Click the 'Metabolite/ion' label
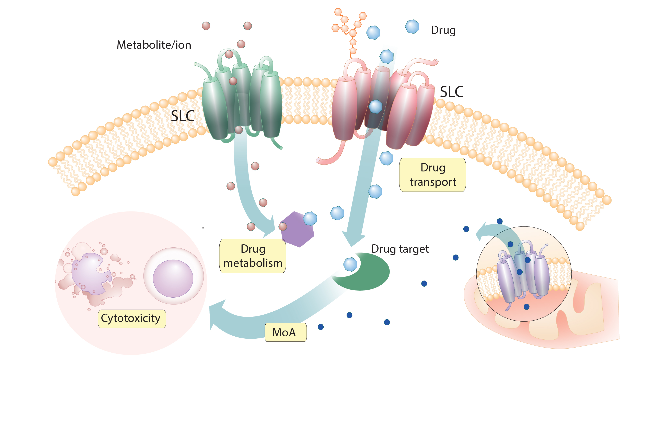(154, 45)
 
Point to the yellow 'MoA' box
(285, 332)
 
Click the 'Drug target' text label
(400, 249)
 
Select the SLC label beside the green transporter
(182, 116)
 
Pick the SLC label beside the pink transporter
(452, 92)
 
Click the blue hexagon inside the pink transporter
(375, 106)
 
